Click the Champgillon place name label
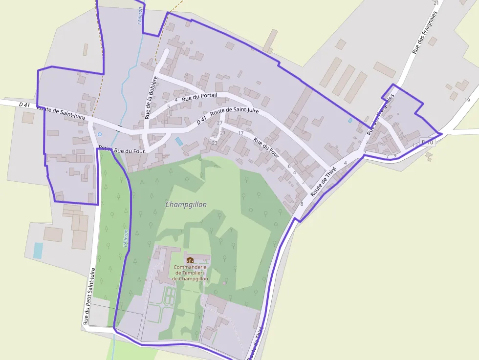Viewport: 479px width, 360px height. click(x=186, y=205)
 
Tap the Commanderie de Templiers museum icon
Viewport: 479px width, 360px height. click(x=190, y=260)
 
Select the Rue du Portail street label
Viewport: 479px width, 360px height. click(x=199, y=97)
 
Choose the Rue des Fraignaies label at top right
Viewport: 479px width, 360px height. click(x=423, y=33)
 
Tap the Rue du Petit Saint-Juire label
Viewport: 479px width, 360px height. click(x=88, y=296)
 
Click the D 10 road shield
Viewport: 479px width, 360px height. click(x=427, y=142)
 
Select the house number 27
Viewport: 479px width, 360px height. click(x=219, y=123)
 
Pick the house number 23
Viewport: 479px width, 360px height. click(x=214, y=143)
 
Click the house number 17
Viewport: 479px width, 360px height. click(x=240, y=133)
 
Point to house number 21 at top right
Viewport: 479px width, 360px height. click(x=436, y=3)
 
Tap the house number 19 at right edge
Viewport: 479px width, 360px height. click(x=467, y=100)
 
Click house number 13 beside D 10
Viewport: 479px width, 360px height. click(x=415, y=145)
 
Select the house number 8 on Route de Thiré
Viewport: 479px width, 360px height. click(x=302, y=204)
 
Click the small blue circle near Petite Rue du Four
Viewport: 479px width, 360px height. click(x=100, y=134)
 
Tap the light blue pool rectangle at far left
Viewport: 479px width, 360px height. click(x=38, y=251)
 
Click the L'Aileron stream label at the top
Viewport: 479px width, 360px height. click(x=140, y=15)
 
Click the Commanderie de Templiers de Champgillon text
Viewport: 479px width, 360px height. click(x=191, y=273)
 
